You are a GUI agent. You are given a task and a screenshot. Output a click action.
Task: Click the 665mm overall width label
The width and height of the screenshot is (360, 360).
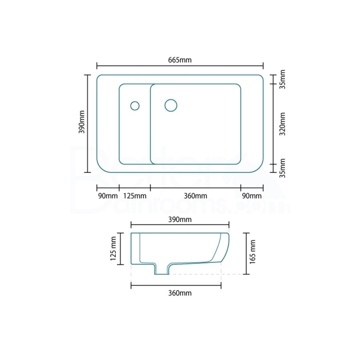click(x=180, y=60)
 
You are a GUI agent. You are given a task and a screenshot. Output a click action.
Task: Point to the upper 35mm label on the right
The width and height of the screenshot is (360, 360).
click(x=282, y=80)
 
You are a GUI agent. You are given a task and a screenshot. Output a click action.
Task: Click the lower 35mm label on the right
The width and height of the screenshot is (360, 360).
click(x=282, y=168)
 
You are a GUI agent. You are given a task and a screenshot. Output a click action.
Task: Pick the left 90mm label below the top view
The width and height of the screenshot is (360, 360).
click(x=107, y=196)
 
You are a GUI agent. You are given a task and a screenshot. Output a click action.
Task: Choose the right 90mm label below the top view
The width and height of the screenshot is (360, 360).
click(x=252, y=196)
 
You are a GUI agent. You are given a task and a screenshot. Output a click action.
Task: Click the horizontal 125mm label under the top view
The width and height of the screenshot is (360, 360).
click(x=134, y=196)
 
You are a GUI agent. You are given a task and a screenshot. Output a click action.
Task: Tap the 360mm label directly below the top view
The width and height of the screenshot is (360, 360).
click(x=196, y=196)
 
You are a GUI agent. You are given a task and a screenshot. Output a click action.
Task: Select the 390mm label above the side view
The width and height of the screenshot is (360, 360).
click(x=180, y=220)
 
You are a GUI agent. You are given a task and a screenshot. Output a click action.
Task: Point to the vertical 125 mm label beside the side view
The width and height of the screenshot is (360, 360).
click(x=113, y=248)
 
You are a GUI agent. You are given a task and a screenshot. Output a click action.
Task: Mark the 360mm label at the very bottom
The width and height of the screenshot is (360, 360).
click(x=180, y=293)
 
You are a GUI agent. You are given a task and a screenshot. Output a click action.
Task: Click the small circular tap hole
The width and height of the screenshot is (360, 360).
click(x=135, y=106)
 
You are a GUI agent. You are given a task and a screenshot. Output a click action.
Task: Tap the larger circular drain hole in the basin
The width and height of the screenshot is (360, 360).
click(x=171, y=105)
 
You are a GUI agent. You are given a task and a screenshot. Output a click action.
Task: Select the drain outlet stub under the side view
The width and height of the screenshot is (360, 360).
click(x=162, y=270)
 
